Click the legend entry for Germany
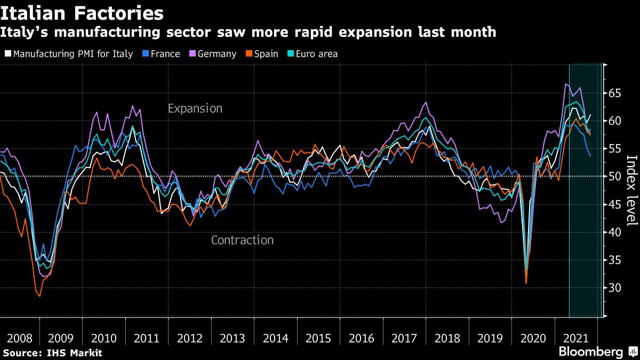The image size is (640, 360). tap(217, 54)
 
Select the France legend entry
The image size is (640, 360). tap(165, 54)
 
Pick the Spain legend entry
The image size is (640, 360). tap(266, 54)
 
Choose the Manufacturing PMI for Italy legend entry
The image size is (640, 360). tap(73, 54)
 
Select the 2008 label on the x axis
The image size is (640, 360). tap(18, 339)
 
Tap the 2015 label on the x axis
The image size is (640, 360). tap(318, 339)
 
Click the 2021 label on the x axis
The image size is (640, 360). tap(576, 339)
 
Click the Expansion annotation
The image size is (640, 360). tap(195, 109)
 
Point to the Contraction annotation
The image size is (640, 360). tap(242, 240)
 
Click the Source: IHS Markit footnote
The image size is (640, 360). tap(52, 353)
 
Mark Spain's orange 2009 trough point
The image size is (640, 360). tap(39, 296)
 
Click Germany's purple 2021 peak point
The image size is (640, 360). tap(565, 84)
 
